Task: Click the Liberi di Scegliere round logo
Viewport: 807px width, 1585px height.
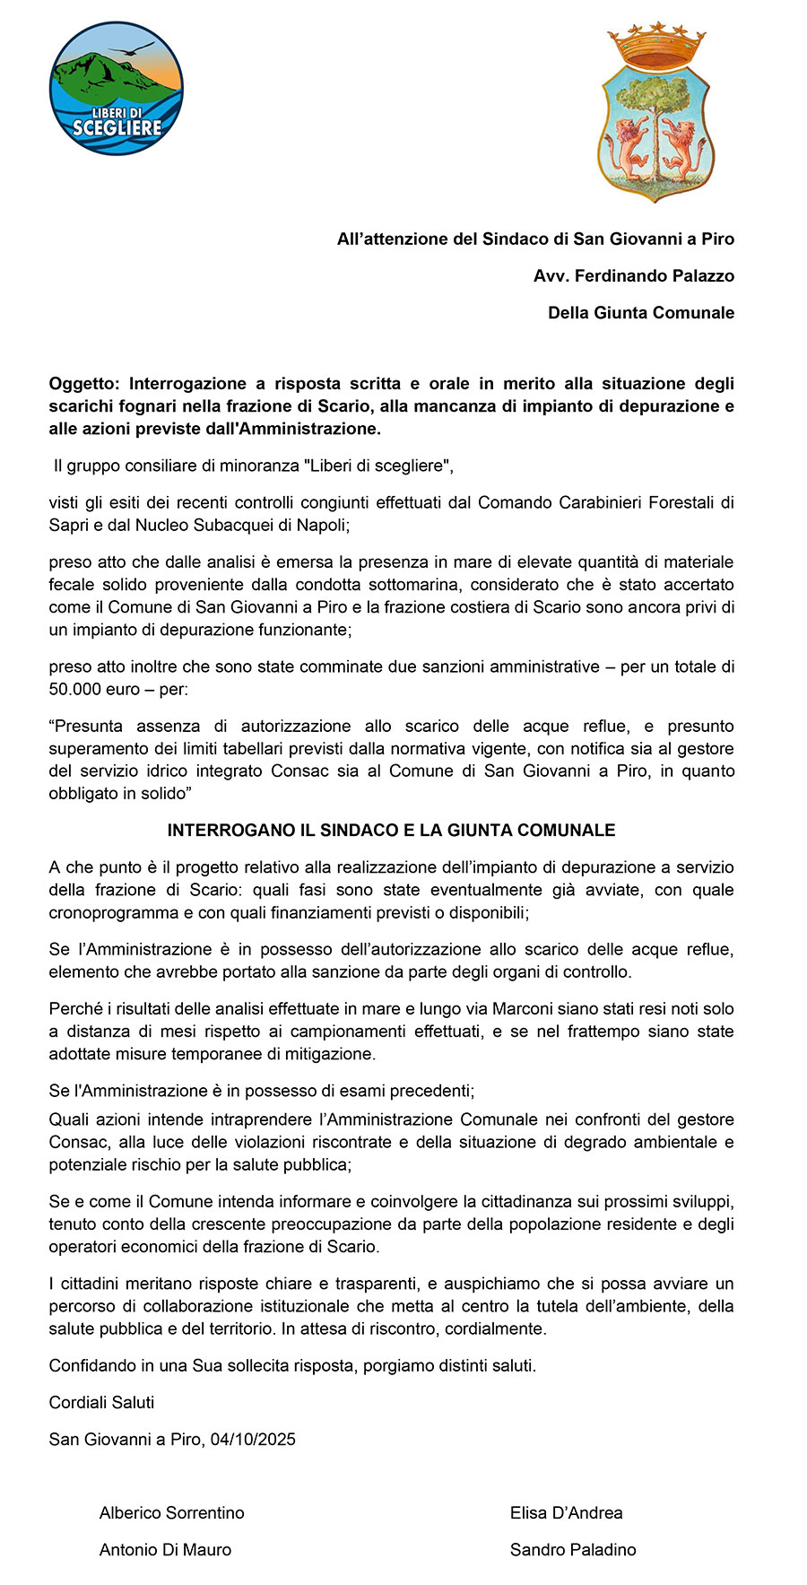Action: coord(117,89)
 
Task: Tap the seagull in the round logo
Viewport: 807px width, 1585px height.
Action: coord(133,48)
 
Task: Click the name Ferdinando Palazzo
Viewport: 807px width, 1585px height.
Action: coord(654,276)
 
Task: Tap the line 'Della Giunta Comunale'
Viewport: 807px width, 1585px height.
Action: coord(641,313)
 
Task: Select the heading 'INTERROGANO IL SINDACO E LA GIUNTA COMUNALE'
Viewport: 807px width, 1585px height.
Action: coord(391,831)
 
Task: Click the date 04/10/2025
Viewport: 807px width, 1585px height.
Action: coord(253,1440)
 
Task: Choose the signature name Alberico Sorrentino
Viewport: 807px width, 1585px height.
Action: coord(172,1513)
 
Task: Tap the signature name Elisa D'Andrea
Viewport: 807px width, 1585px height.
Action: coord(567,1513)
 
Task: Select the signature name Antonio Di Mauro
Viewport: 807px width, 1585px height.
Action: coord(165,1550)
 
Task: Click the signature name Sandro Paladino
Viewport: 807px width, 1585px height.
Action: coord(573,1550)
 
